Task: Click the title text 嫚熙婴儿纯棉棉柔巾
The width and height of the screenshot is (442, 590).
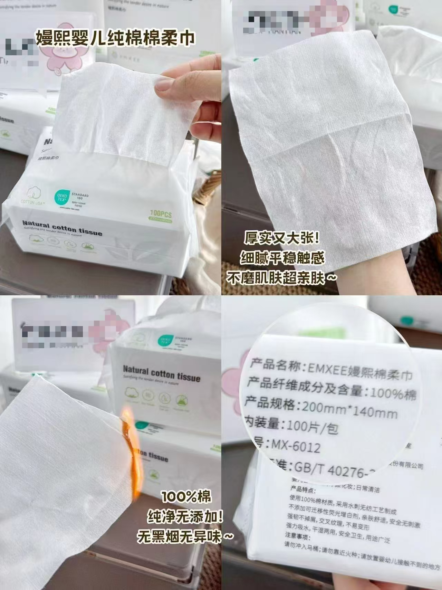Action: click(116, 38)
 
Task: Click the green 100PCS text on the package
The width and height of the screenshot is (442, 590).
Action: click(161, 213)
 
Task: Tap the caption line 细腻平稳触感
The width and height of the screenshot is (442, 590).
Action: click(282, 258)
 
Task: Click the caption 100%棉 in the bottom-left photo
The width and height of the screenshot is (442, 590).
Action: click(186, 497)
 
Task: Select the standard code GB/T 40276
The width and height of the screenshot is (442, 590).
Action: click(330, 468)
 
